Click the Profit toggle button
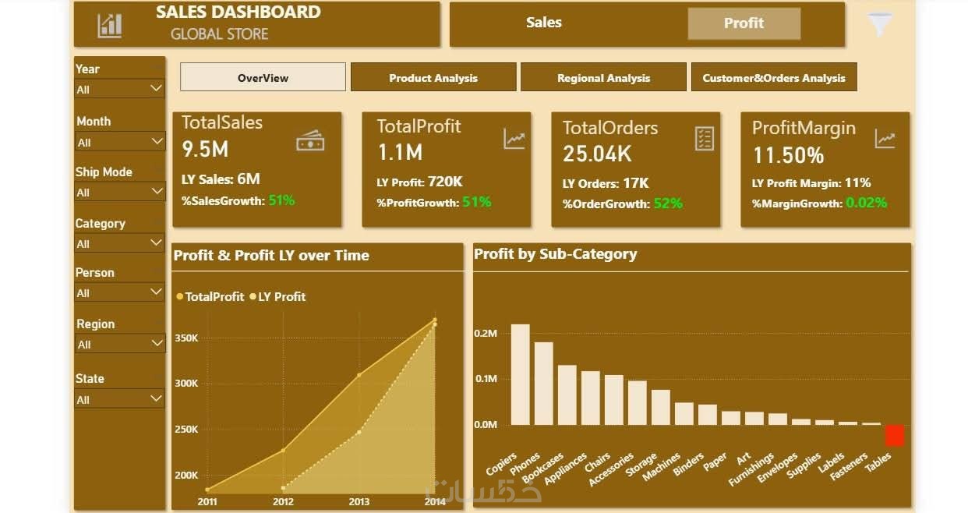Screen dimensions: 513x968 point(744,23)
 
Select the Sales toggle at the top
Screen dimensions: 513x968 point(544,23)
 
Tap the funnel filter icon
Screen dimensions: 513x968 point(880,24)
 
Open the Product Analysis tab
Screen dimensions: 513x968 point(433,78)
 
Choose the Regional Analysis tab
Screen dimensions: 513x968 point(603,78)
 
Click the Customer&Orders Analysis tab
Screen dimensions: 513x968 point(774,78)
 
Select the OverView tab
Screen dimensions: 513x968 point(263,78)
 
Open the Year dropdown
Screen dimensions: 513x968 point(119,90)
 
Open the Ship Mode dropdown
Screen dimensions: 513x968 point(119,192)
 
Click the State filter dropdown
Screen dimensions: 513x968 point(119,399)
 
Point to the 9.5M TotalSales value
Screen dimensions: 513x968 point(205,149)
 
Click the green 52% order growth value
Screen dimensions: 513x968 point(668,203)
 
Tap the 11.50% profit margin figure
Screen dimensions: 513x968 point(788,155)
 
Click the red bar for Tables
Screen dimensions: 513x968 point(894,435)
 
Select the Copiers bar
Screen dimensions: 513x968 point(520,374)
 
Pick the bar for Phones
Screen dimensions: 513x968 point(543,383)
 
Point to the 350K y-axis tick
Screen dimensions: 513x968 point(187,338)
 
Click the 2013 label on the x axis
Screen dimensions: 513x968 point(359,501)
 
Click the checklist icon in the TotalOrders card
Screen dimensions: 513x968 point(704,139)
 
